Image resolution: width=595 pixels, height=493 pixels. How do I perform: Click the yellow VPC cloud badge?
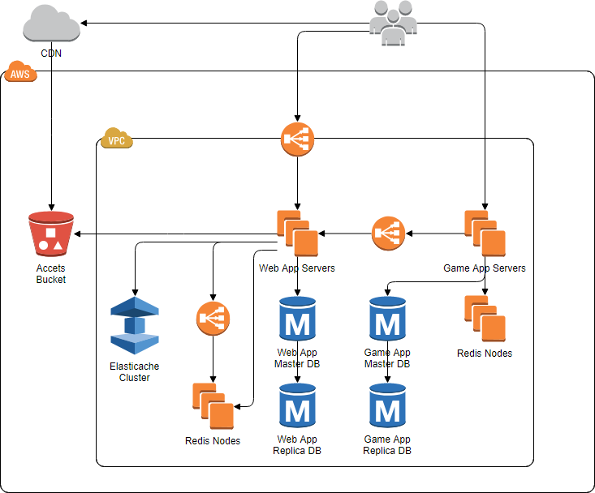115,139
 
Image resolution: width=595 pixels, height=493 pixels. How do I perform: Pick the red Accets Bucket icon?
50,235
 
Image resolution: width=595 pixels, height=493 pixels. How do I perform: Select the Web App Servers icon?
297,234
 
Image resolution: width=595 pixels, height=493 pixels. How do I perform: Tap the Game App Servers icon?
485,234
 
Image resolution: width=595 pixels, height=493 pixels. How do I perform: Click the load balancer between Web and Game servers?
387,234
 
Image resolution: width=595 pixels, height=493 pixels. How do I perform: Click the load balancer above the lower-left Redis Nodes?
213,319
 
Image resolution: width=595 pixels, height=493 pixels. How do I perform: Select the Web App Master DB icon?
297,319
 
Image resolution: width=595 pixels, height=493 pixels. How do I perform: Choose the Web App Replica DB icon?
297,407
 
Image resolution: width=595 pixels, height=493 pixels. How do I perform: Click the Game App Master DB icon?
387,319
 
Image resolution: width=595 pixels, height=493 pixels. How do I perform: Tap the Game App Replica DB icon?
387,407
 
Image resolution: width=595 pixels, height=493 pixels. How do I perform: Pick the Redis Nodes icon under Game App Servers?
485,319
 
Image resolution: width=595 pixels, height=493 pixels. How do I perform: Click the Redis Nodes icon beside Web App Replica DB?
213,405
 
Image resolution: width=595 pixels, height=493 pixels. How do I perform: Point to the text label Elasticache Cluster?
135,372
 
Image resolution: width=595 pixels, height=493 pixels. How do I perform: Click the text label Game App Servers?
485,268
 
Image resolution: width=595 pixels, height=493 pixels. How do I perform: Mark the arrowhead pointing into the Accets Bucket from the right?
79,234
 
